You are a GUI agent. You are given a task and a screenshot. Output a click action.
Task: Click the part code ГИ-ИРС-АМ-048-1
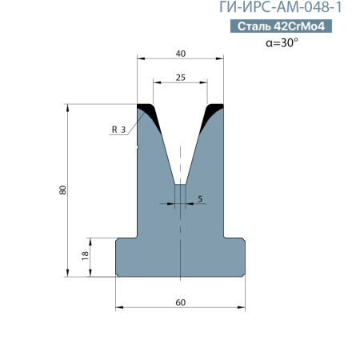[x=280, y=7]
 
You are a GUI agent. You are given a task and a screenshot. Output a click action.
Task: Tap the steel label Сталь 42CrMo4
[x=281, y=26]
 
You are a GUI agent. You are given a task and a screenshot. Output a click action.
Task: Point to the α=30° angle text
[x=282, y=42]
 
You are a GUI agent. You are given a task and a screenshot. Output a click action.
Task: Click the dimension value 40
[x=181, y=54]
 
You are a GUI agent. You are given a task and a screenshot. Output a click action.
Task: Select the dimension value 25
[x=181, y=78]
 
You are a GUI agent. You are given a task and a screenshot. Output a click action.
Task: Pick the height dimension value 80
[x=62, y=190]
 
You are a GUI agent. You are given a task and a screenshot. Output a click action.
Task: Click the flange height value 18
[x=85, y=256]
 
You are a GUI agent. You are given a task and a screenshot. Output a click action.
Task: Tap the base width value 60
[x=181, y=302]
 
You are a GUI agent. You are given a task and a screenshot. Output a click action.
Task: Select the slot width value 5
[x=200, y=199]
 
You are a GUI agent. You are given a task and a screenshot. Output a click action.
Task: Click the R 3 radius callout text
[x=118, y=130]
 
